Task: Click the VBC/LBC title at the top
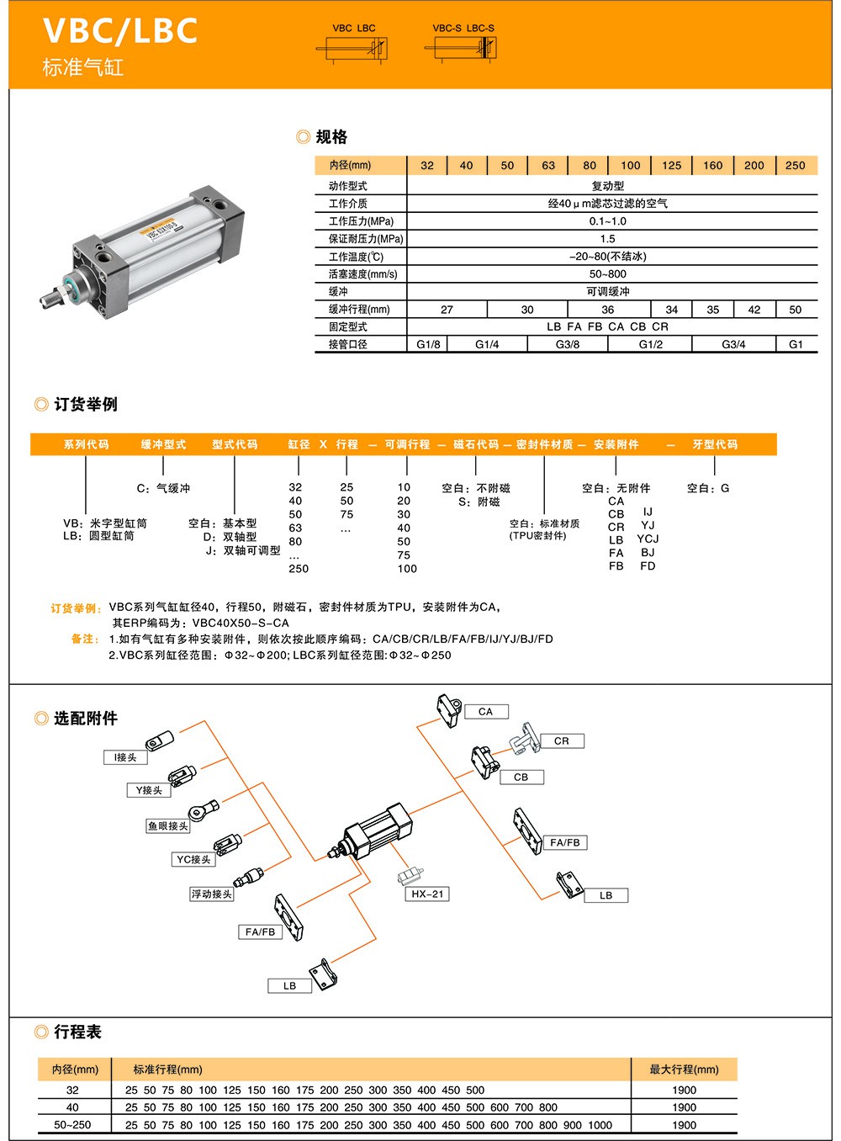pos(120,30)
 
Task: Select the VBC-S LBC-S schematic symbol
pos(463,47)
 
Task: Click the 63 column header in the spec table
pos(548,166)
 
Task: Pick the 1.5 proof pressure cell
pos(607,239)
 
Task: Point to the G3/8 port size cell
pos(568,344)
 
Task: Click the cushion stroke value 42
pos(754,310)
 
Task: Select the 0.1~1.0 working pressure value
pos(607,221)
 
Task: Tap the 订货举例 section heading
pos(85,405)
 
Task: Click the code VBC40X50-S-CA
pos(241,624)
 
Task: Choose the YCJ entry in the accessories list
pos(648,539)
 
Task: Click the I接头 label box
pos(125,757)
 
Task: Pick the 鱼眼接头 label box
pos(168,826)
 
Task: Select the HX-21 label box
pos(427,894)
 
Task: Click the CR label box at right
pos(562,741)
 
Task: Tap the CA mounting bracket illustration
pos(447,710)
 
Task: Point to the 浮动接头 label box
pos(211,894)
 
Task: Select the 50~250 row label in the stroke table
pos(72,1125)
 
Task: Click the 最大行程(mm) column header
pos(684,1069)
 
